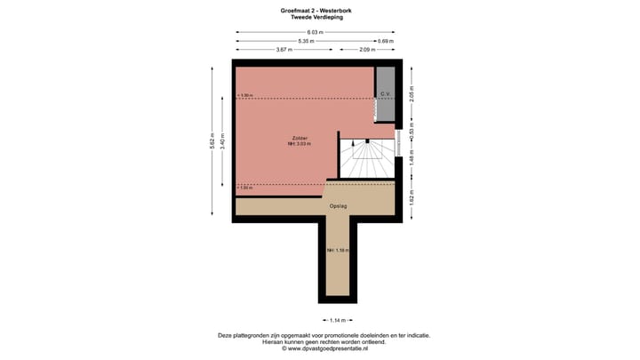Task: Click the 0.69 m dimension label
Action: [x=385, y=41]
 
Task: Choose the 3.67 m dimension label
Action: [x=284, y=50]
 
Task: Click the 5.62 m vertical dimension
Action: [x=212, y=141]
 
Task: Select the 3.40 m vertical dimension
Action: [x=222, y=140]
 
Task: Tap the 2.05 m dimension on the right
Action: [x=411, y=93]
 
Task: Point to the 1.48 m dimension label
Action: [x=411, y=158]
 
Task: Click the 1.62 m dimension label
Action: [x=411, y=200]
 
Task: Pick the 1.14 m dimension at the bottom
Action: [x=337, y=321]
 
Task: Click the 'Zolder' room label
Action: [x=300, y=138]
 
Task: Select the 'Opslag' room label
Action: [x=338, y=206]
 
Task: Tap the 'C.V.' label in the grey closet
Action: [x=385, y=93]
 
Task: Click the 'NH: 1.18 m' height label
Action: [x=338, y=251]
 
